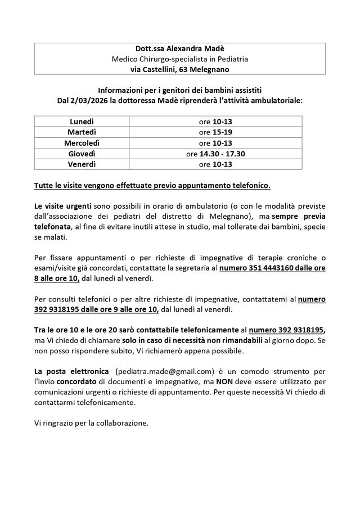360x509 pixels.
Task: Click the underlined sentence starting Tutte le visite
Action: coord(152,185)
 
